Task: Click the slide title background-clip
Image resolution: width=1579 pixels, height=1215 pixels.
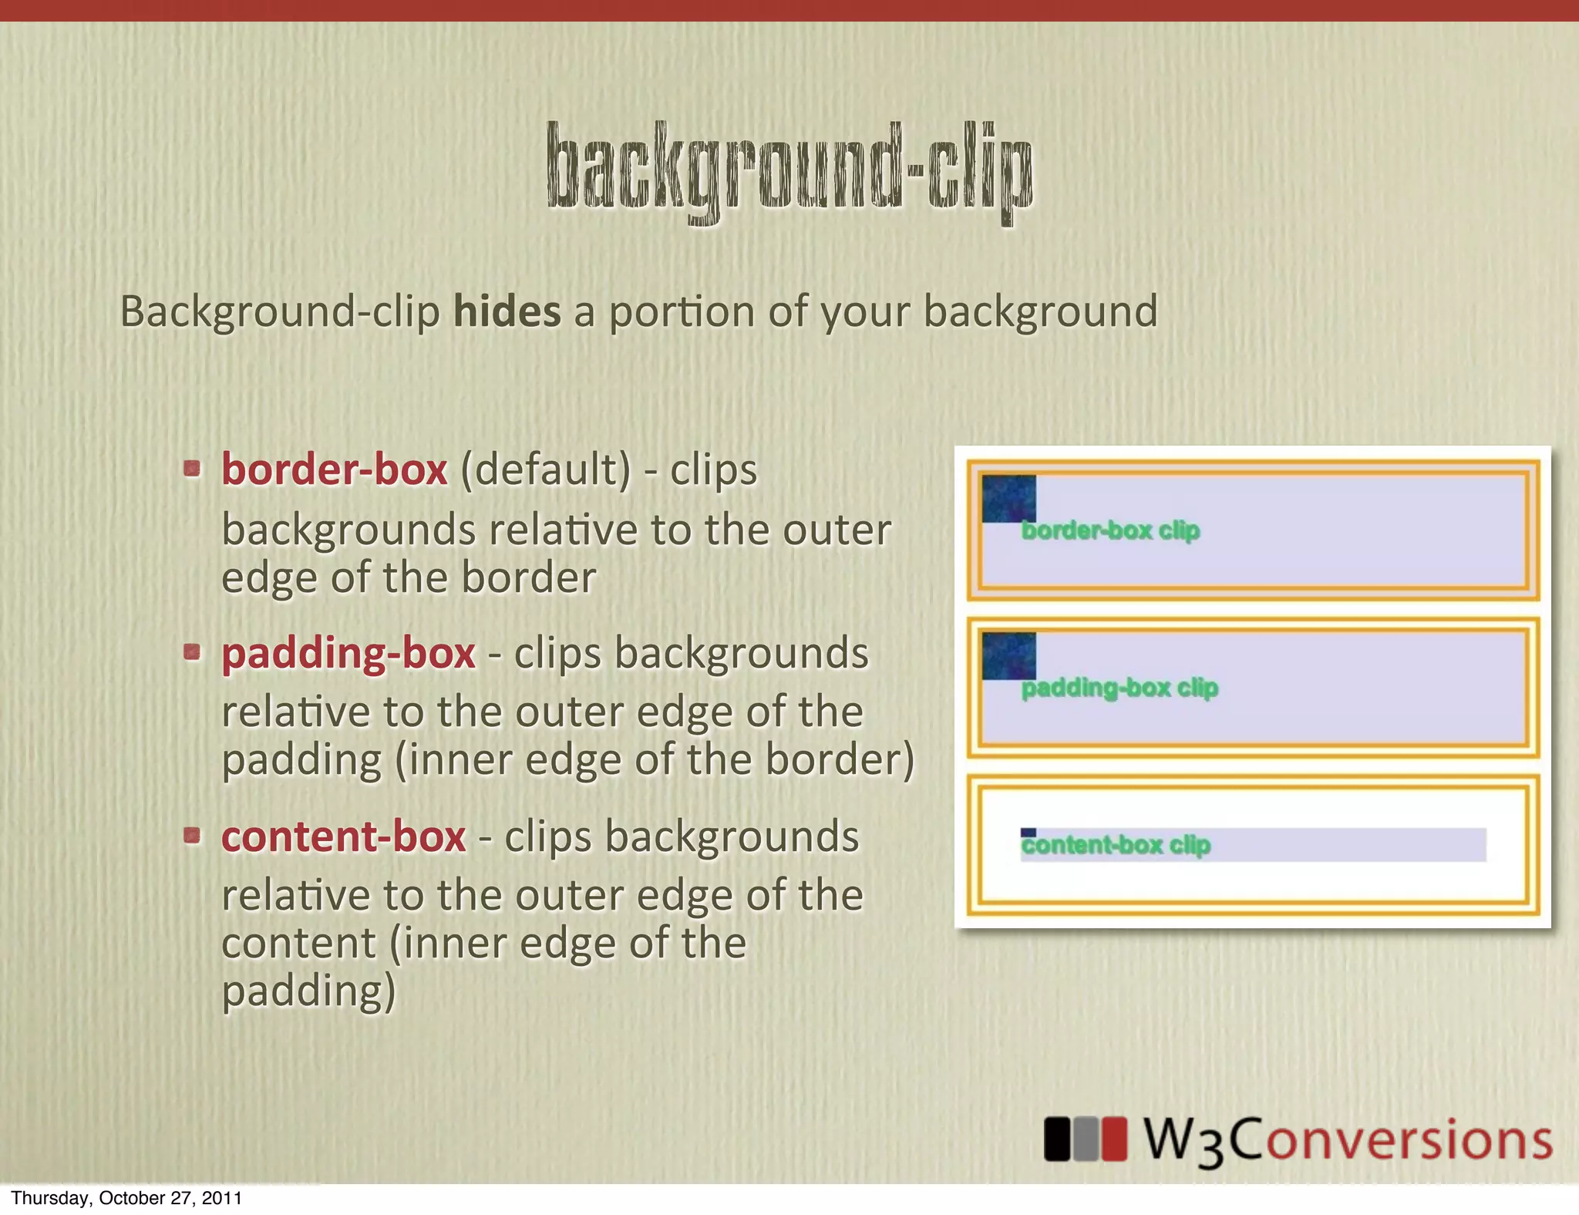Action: click(789, 171)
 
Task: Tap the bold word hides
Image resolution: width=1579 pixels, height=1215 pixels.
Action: click(507, 311)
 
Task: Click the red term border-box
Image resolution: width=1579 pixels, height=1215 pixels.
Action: click(334, 470)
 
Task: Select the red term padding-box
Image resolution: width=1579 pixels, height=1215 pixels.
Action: click(348, 654)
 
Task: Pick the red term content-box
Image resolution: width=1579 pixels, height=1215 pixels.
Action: click(343, 836)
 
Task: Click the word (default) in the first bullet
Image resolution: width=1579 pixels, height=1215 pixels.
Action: click(545, 470)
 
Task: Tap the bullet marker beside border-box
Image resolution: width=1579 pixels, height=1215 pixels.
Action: click(192, 468)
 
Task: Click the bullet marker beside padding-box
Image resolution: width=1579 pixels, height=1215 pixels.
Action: click(192, 652)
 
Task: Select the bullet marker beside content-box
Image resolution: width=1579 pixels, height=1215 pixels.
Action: click(192, 835)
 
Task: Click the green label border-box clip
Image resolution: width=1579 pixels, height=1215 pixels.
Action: click(1110, 530)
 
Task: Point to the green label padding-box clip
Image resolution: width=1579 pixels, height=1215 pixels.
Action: click(1119, 688)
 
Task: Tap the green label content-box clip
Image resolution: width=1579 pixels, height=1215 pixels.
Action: click(1116, 846)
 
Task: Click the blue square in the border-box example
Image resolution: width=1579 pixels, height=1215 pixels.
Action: click(1008, 499)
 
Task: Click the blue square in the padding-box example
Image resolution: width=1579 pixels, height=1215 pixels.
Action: click(1008, 656)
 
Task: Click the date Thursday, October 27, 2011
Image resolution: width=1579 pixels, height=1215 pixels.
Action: click(126, 1198)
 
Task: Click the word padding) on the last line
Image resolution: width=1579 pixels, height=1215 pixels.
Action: click(308, 991)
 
